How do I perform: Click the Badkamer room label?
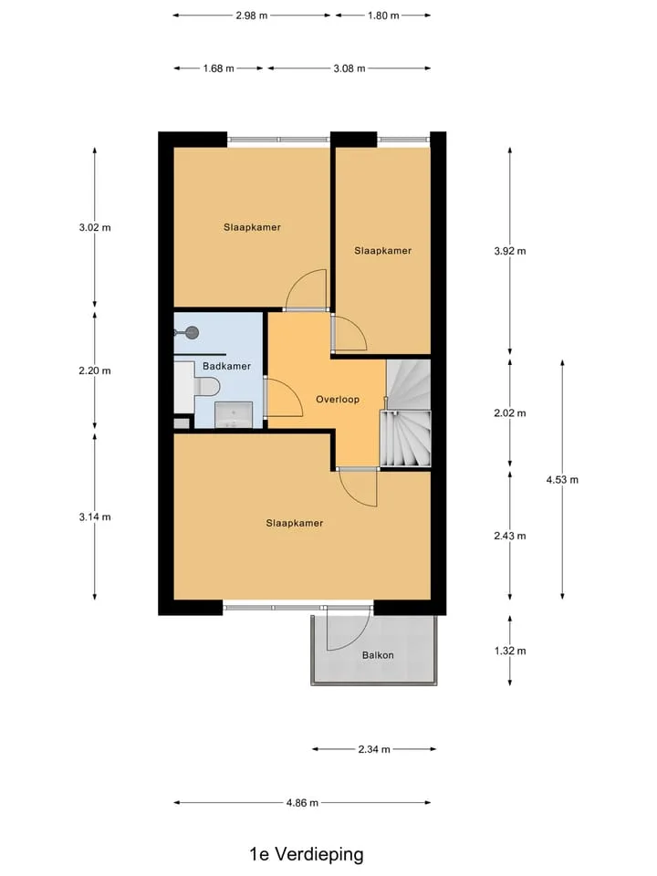226,366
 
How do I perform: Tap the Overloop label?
338,400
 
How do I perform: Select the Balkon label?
378,655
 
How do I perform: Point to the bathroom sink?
234,414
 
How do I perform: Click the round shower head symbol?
193,333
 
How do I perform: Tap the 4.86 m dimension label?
302,803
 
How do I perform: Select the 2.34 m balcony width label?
374,749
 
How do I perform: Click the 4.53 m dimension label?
563,479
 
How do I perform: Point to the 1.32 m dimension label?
510,651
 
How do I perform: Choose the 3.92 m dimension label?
510,252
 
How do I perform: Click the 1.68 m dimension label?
218,68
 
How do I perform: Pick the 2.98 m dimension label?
252,16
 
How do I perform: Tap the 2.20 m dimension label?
95,370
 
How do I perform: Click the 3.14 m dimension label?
95,516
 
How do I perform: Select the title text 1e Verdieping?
307,854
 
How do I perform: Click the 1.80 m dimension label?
383,16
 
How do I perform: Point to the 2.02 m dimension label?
510,413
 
